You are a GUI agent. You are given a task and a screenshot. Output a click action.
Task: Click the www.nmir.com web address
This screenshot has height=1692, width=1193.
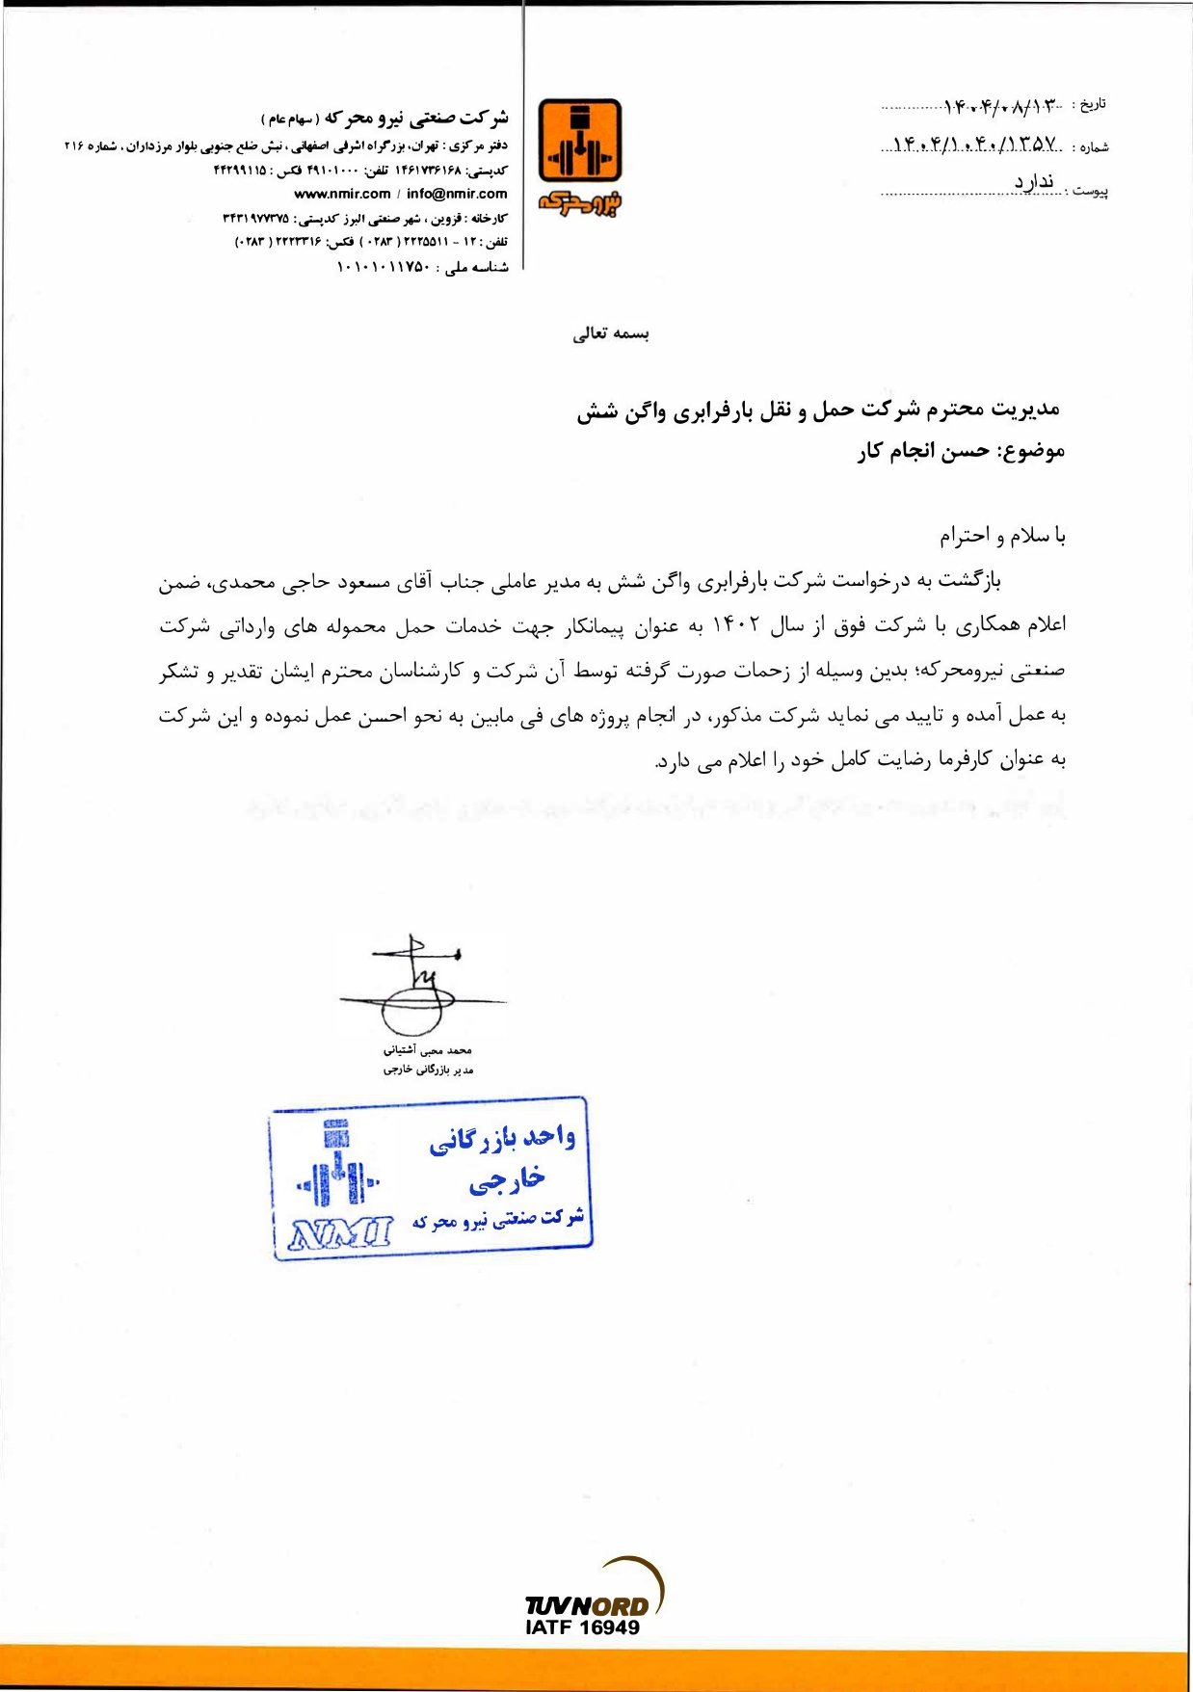[x=342, y=194]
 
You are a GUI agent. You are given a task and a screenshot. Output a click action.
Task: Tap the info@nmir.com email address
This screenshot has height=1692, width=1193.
[x=457, y=194]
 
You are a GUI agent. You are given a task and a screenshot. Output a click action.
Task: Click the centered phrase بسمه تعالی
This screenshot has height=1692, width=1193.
[x=611, y=334]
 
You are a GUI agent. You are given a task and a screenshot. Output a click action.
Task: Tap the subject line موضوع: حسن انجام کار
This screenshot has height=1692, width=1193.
[x=961, y=452]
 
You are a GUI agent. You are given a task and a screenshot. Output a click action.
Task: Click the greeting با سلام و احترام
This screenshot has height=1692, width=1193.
[x=1002, y=536]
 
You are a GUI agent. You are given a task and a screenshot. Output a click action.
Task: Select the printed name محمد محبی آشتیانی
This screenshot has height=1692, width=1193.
[x=427, y=1050]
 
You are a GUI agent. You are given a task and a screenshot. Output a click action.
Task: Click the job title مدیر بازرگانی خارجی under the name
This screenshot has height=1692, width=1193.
[x=428, y=1070]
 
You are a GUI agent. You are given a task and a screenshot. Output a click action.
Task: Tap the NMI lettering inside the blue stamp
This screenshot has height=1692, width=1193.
[x=340, y=1231]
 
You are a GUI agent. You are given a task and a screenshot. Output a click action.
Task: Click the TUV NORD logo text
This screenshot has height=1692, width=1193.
[x=587, y=1606]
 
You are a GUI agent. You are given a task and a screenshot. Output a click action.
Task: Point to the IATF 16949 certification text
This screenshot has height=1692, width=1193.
[x=582, y=1627]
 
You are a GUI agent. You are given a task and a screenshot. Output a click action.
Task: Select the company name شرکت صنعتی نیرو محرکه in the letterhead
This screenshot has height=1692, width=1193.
[x=416, y=119]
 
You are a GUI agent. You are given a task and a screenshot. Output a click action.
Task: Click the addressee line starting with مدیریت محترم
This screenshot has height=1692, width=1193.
[x=818, y=410]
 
